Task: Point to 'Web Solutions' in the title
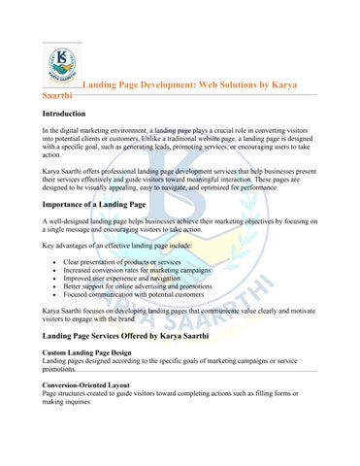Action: click(x=234, y=85)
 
